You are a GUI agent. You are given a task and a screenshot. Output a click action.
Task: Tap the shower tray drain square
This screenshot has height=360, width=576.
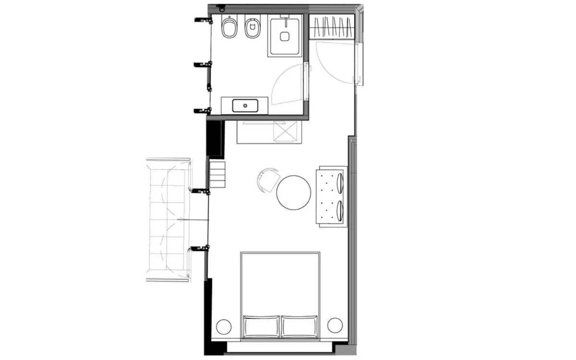[x=285, y=36]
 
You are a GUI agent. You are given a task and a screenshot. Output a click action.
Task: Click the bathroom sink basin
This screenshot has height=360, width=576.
[x=245, y=105]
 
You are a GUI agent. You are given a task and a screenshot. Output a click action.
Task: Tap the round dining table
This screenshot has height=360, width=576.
[x=294, y=192]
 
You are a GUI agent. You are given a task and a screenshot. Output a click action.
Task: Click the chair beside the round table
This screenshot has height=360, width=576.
[x=267, y=180]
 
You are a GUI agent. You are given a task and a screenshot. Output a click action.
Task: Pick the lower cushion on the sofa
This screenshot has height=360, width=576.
[x=340, y=210]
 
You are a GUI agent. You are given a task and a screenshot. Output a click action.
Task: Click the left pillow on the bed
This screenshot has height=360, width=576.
[x=261, y=326]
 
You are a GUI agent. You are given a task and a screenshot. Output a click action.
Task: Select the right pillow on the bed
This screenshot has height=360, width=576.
[x=299, y=326]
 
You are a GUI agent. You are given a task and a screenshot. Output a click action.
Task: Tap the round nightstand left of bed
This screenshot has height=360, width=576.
[x=223, y=326]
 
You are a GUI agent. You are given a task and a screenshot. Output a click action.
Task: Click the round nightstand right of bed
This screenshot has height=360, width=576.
[x=334, y=325]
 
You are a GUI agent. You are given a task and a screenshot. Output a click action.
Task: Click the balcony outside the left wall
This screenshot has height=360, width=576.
[x=168, y=221]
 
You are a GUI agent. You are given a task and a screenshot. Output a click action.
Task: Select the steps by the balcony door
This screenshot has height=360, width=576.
[x=217, y=175]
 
